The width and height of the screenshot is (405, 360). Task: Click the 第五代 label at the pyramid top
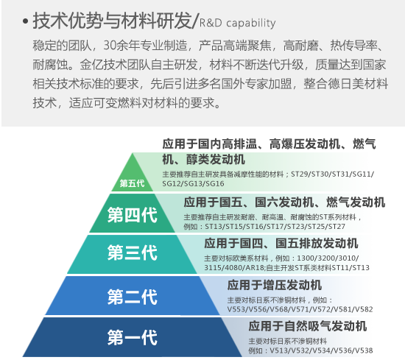(132, 183)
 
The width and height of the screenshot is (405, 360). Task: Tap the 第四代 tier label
(133, 215)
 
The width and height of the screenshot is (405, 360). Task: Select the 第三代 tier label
(133, 253)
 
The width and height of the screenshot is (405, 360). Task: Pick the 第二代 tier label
(133, 297)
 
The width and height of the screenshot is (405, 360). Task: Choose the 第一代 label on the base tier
(133, 337)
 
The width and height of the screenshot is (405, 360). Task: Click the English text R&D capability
(237, 24)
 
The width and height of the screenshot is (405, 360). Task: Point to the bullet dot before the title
(25, 21)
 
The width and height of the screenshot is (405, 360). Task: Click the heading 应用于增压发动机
(275, 285)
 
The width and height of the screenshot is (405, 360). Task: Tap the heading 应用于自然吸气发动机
(308, 326)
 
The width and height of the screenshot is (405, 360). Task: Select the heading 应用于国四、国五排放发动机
(281, 244)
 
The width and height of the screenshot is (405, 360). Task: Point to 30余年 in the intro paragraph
(121, 46)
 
